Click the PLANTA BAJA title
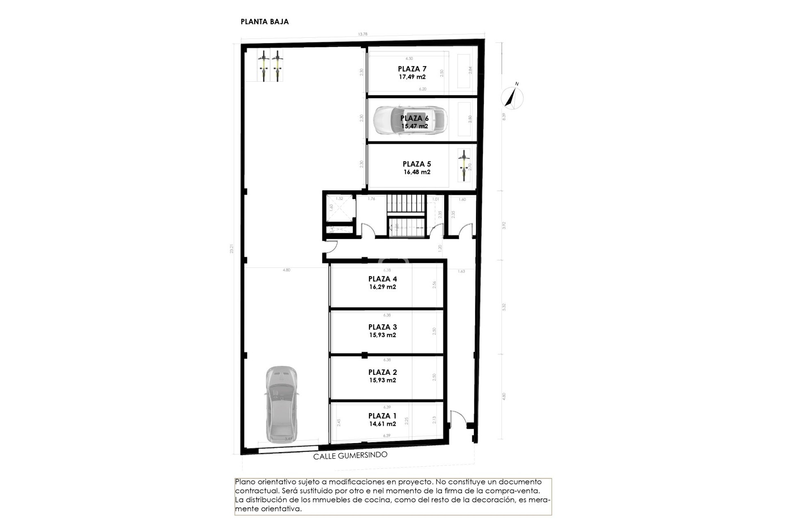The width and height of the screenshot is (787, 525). pyautogui.click(x=264, y=22)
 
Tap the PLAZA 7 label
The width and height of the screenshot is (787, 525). pyautogui.click(x=412, y=69)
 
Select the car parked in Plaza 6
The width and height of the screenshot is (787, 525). pyautogui.click(x=410, y=120)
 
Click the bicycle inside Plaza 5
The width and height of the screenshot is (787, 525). pyautogui.click(x=464, y=166)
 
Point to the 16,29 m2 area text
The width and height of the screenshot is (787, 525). pyautogui.click(x=382, y=287)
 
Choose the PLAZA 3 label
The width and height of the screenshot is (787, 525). pyautogui.click(x=382, y=327)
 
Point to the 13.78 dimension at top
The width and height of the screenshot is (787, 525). pyautogui.click(x=362, y=34)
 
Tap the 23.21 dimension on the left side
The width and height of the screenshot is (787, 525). pyautogui.click(x=232, y=249)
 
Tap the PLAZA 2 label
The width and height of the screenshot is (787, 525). pyautogui.click(x=382, y=372)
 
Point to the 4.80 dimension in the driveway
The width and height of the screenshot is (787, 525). pyautogui.click(x=286, y=270)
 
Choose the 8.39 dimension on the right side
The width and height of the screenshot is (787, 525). pyautogui.click(x=504, y=116)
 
